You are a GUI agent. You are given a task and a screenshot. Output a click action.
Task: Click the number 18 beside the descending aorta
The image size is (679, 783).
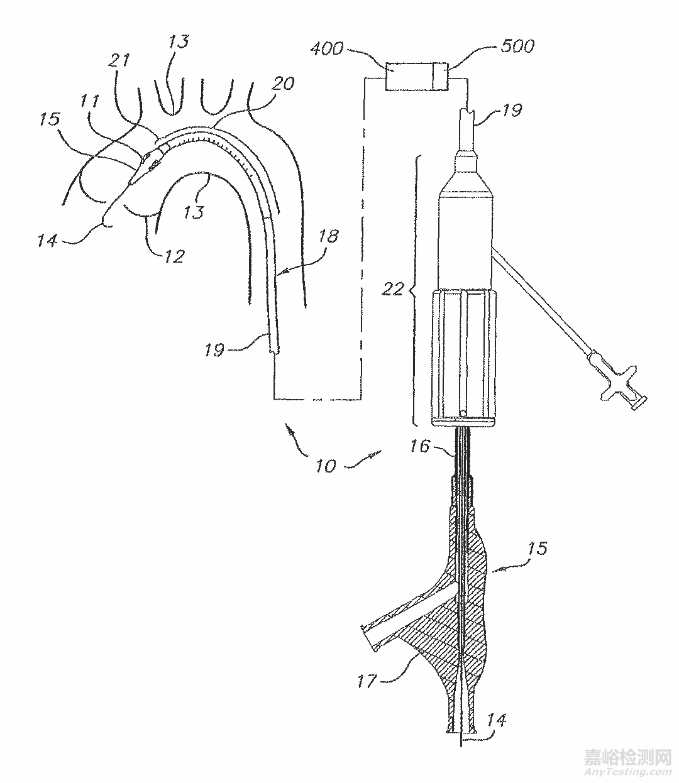[x=328, y=236]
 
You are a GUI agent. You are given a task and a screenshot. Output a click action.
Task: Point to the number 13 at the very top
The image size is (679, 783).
[x=178, y=42]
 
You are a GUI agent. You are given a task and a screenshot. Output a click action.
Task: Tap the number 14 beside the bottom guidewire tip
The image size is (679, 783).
[x=495, y=720]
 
